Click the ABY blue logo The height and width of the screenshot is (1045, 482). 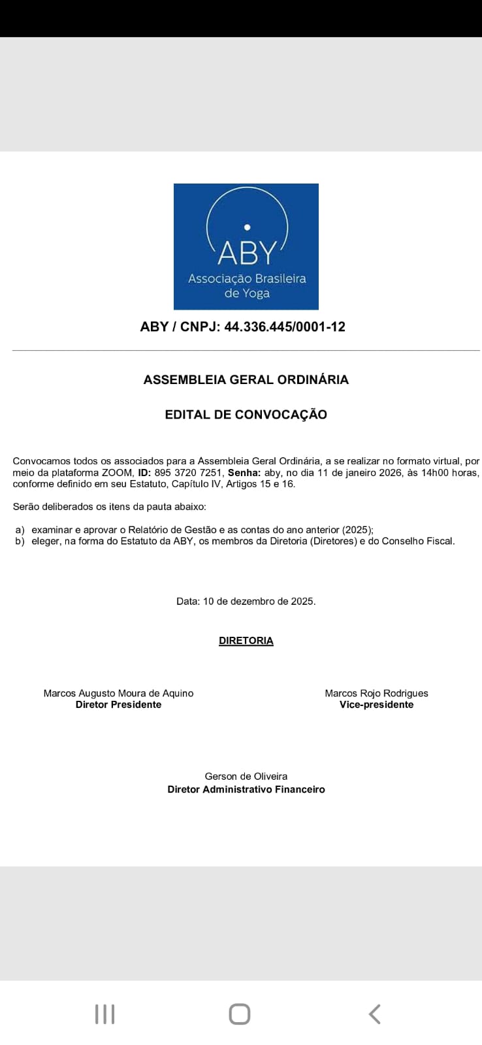click(x=246, y=246)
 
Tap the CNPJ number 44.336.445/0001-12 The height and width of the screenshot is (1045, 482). click(x=284, y=327)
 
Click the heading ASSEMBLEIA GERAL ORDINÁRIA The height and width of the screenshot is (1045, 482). click(x=246, y=379)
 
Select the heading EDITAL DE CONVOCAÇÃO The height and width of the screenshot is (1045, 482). click(x=246, y=414)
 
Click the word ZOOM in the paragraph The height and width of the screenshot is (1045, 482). click(x=117, y=473)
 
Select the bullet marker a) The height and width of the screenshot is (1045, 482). click(x=20, y=530)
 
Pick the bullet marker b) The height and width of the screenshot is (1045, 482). click(x=20, y=541)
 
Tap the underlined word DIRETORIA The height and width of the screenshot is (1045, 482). click(x=246, y=641)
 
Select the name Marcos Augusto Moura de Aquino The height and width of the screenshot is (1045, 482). click(x=118, y=693)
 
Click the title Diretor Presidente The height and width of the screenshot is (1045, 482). click(x=118, y=705)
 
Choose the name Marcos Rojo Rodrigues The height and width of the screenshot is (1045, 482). click(x=376, y=693)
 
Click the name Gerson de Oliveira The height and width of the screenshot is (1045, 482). click(x=246, y=777)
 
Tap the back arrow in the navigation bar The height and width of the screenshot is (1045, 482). click(x=374, y=1014)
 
